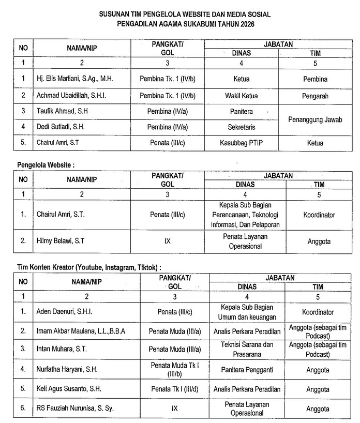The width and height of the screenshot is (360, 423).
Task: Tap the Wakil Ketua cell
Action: (241, 96)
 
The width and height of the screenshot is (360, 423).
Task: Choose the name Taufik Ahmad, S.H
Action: (65, 111)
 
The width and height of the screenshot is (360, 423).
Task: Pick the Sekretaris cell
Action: (241, 127)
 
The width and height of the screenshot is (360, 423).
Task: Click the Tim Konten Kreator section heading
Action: (88, 267)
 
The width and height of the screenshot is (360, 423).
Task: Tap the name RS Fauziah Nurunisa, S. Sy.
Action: (74, 408)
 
